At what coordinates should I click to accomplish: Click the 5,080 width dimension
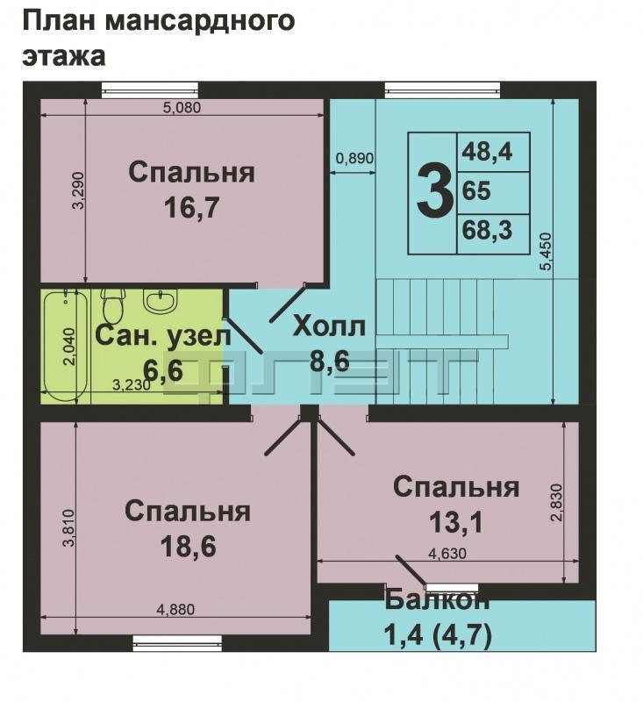click(182, 108)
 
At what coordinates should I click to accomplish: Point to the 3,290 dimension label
click(79, 190)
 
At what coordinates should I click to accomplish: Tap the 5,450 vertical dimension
click(547, 251)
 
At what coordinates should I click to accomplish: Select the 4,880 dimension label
click(175, 609)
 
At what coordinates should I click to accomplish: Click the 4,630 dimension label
click(447, 554)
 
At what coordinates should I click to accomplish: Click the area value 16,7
click(191, 207)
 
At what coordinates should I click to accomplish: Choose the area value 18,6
click(189, 546)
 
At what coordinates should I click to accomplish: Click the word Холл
click(329, 326)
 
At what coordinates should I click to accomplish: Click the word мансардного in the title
click(200, 21)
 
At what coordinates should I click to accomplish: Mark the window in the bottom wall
click(178, 642)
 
